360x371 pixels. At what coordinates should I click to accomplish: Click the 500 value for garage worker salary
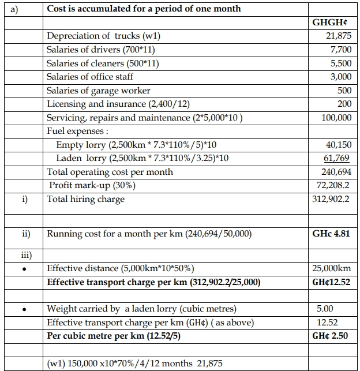pos(344,91)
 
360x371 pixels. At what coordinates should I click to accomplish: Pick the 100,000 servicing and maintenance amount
pos(336,118)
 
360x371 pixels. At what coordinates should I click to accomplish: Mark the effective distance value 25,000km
pos(331,268)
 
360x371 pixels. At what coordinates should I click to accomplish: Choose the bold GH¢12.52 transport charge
pos(331,282)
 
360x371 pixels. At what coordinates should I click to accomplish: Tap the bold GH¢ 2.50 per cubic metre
pos(331,336)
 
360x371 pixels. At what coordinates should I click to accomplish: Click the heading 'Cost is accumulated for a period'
pos(144,9)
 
